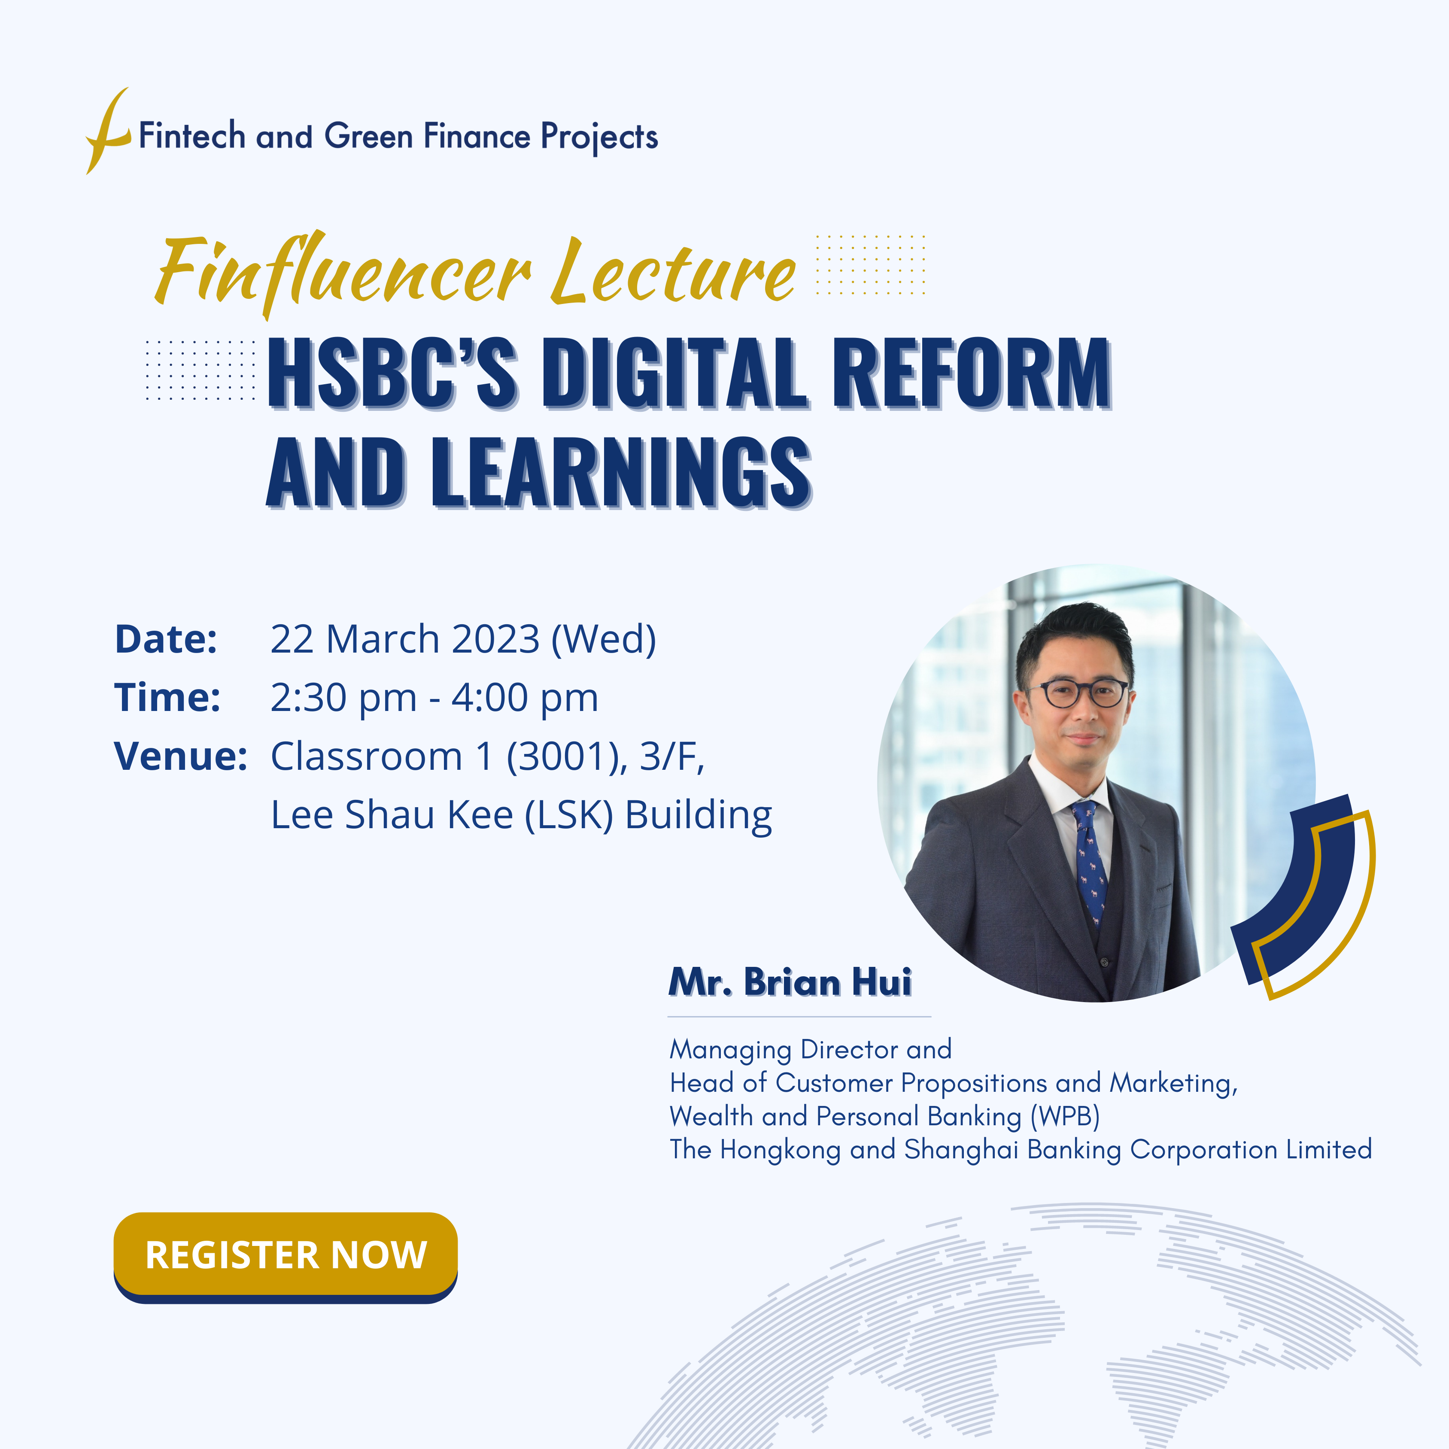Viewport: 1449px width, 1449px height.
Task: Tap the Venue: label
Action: pyautogui.click(x=180, y=756)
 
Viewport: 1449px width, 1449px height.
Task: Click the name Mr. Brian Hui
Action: pyautogui.click(x=790, y=982)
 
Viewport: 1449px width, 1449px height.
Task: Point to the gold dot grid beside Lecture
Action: pyautogui.click(x=870, y=264)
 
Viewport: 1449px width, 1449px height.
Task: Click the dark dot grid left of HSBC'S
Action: pyautogui.click(x=200, y=370)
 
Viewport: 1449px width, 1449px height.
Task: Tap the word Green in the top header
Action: pyautogui.click(x=368, y=137)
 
